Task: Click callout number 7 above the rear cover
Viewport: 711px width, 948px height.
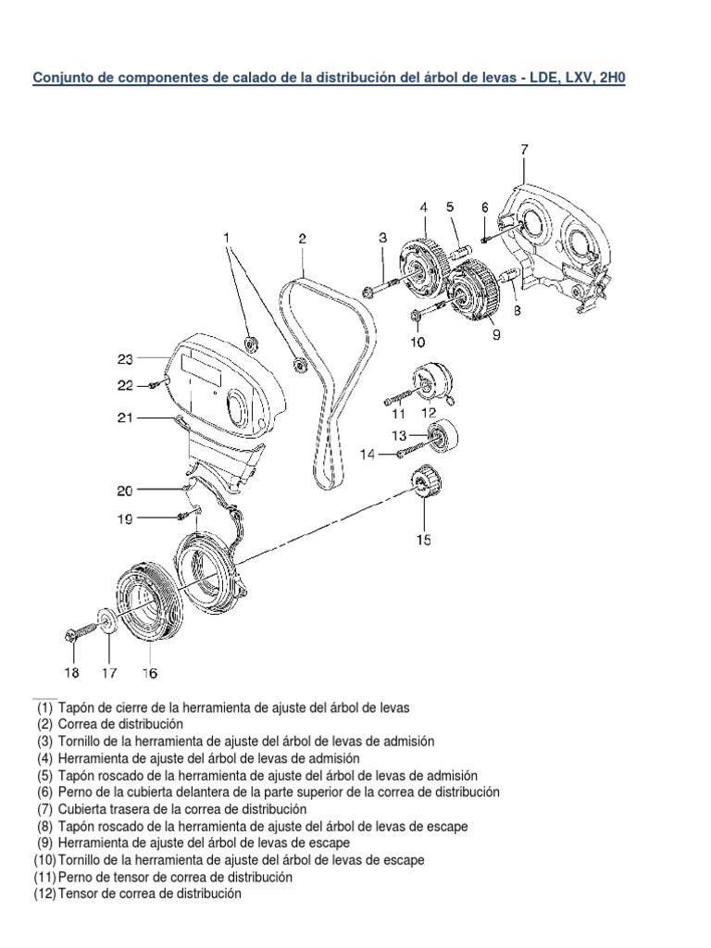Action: [x=524, y=149]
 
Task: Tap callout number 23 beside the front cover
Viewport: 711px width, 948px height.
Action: [x=126, y=359]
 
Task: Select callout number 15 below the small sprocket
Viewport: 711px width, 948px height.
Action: [x=423, y=539]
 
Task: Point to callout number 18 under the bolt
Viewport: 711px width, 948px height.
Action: [x=71, y=673]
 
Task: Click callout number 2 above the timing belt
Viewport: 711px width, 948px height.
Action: [x=302, y=239]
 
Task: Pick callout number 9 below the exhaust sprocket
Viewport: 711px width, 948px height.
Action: [x=496, y=335]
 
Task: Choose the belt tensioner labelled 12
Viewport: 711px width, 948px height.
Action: [x=431, y=381]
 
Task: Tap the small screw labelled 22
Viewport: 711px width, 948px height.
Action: [x=156, y=384]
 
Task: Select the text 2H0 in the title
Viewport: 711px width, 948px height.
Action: [x=612, y=79]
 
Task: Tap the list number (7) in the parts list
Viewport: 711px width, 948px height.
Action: [x=44, y=809]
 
